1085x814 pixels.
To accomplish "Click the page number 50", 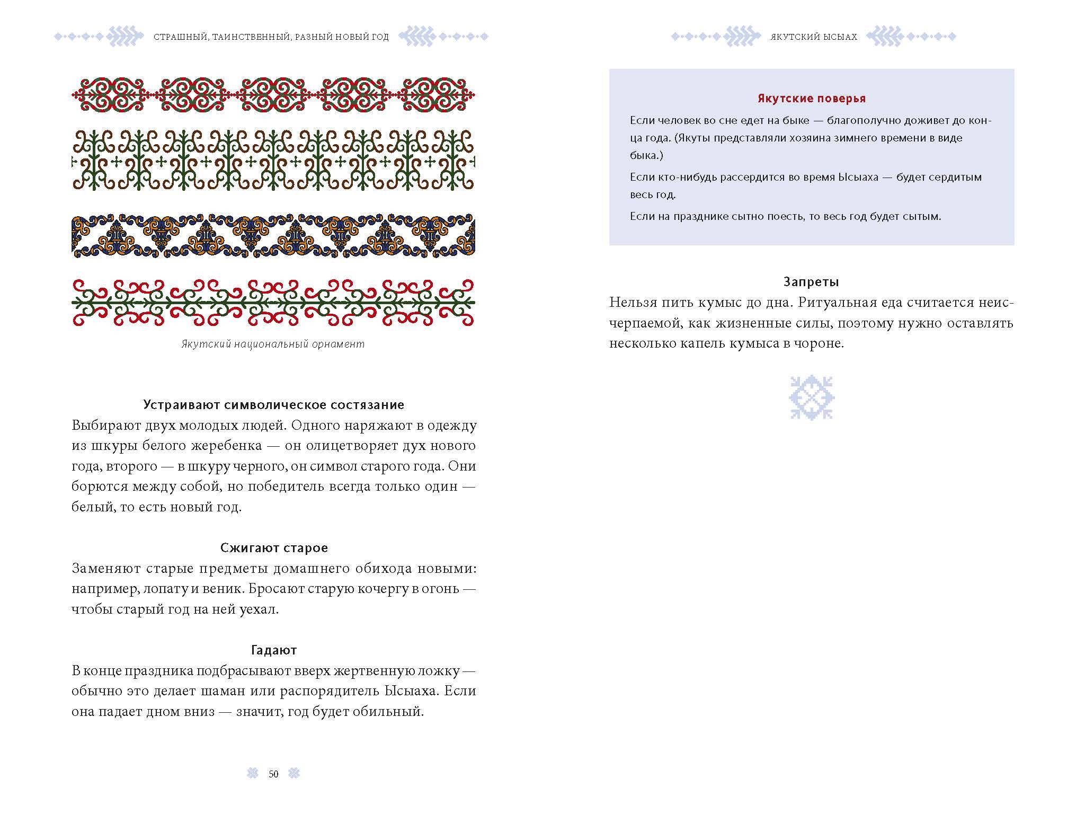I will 273,774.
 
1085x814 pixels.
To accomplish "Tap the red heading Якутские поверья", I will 811,99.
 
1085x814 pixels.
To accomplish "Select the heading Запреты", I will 811,282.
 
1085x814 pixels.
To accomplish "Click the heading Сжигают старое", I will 273,547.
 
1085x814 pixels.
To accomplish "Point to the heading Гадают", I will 273,650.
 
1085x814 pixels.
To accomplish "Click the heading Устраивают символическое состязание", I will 273,405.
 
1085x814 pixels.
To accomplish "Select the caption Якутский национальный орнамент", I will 273,344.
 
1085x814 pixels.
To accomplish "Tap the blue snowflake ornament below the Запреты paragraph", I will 812,397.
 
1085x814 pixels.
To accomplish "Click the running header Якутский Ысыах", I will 813,37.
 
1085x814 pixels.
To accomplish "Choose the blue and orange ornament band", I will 273,236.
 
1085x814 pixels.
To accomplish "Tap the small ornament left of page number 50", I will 253,774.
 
